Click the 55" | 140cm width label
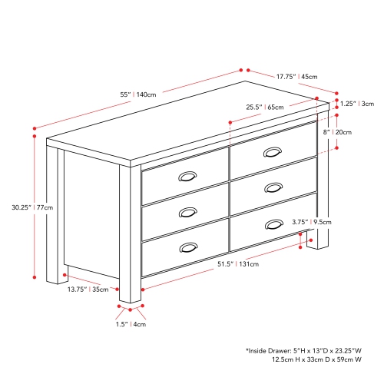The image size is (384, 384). coord(138,94)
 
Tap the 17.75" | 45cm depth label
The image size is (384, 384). coord(296,76)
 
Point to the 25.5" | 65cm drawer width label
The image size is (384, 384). coord(264,107)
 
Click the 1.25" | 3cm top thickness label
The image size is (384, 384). coord(357,104)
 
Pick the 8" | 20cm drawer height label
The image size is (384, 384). coord(339,132)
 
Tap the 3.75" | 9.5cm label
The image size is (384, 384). coord(310,223)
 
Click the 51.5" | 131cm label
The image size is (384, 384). coord(238,264)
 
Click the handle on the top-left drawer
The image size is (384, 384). coord(187,177)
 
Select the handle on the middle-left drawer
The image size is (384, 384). coord(187,212)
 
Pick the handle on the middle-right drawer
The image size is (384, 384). coord(272,187)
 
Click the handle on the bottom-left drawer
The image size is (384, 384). coord(187,247)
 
